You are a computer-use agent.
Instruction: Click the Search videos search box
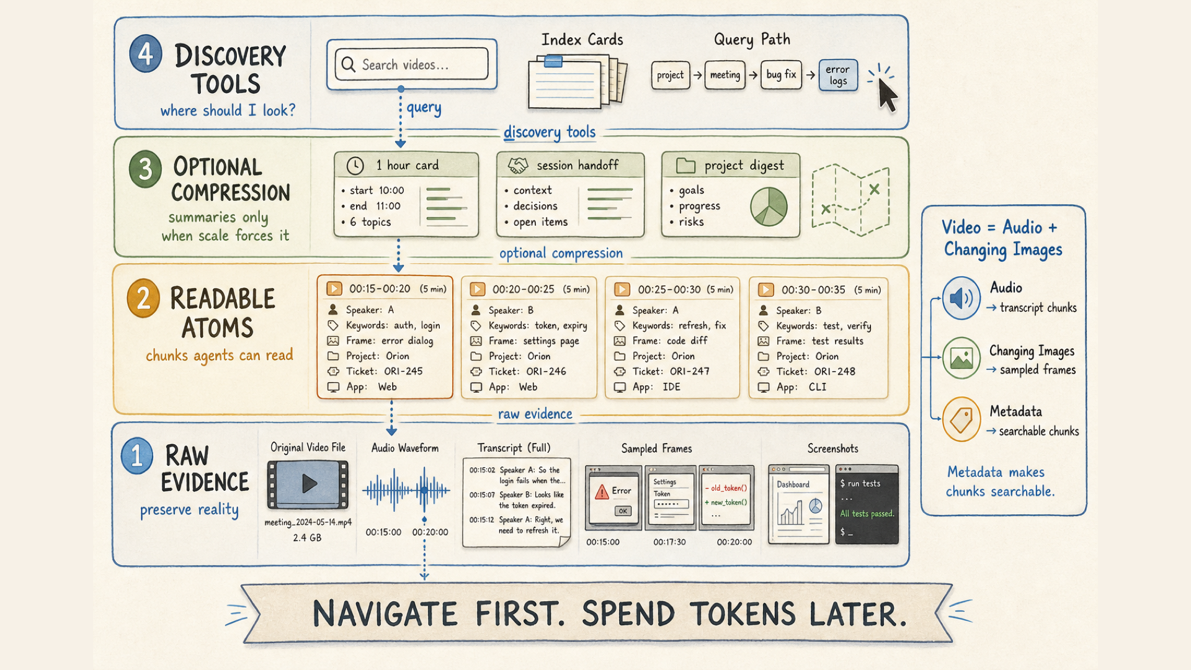click(x=412, y=65)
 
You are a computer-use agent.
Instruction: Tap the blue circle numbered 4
click(x=146, y=53)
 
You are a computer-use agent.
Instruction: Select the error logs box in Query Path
click(x=838, y=75)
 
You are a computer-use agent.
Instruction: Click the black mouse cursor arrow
click(x=888, y=95)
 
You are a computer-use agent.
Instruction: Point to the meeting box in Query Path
click(x=725, y=75)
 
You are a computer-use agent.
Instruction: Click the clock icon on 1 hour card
click(x=355, y=166)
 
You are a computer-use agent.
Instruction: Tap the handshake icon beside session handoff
click(x=518, y=166)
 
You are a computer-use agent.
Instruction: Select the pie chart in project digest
click(x=769, y=207)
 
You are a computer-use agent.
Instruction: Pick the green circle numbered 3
click(x=145, y=169)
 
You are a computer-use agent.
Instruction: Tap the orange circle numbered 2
click(x=143, y=298)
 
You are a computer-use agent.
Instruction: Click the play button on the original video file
click(x=308, y=483)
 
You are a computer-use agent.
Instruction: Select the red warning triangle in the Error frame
click(x=602, y=492)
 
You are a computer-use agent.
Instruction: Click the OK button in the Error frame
click(x=622, y=511)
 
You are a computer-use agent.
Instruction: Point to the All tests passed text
click(x=867, y=514)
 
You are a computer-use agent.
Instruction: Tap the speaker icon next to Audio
click(x=961, y=298)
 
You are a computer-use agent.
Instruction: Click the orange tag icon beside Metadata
click(x=961, y=420)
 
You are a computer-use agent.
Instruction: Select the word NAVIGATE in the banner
click(x=385, y=614)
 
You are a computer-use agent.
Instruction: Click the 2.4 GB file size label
click(x=307, y=538)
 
